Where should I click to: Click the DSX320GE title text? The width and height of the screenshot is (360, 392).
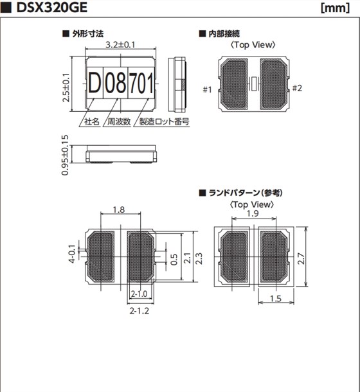coord(52,8)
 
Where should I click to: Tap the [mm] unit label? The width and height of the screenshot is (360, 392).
coord(335,8)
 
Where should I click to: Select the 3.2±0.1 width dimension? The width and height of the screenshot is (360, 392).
coord(120,44)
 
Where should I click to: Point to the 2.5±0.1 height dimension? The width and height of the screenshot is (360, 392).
coord(66,87)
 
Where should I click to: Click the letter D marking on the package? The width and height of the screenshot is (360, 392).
coord(94,83)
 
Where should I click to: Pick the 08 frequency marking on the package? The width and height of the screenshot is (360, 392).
coord(115,83)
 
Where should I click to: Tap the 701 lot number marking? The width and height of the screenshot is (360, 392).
coord(141,83)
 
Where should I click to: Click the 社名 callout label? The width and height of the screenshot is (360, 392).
coord(91,121)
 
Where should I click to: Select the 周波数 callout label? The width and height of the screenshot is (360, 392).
coord(119,121)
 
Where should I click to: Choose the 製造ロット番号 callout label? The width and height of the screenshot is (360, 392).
coord(164,121)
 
